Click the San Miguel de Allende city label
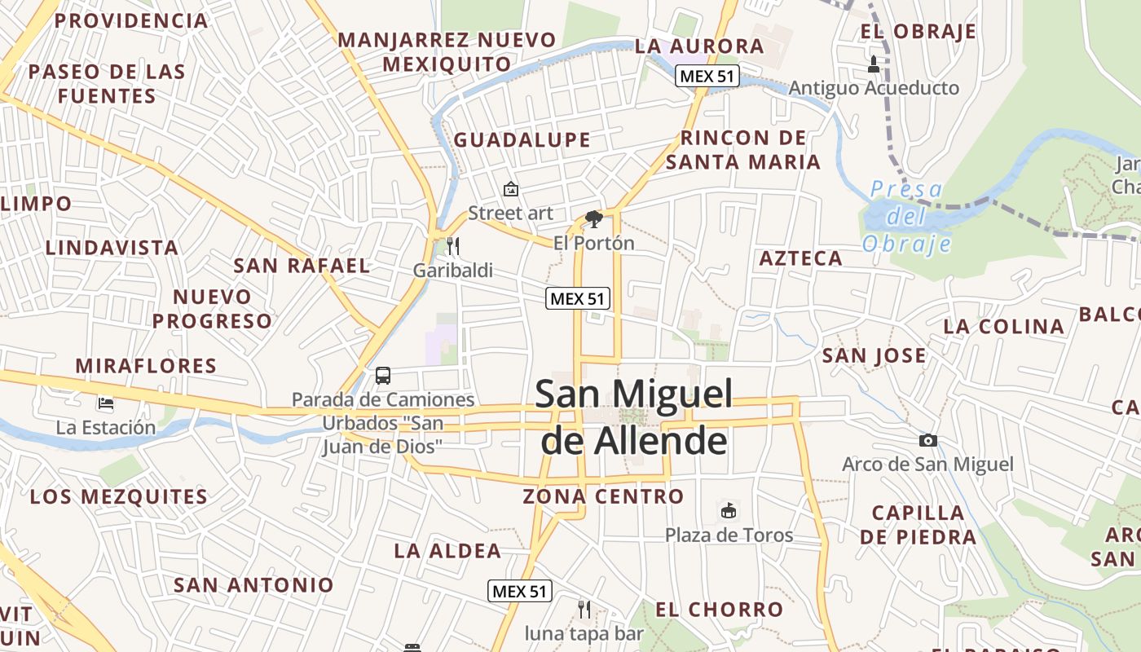pyautogui.click(x=633, y=416)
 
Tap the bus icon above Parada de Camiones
pyautogui.click(x=383, y=376)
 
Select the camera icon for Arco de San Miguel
pyautogui.click(x=927, y=441)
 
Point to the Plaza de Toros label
pyautogui.click(x=729, y=535)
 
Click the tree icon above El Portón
pyautogui.click(x=594, y=218)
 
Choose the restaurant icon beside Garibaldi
pyautogui.click(x=453, y=245)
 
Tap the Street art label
pyautogui.click(x=510, y=214)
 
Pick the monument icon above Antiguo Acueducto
pyautogui.click(x=874, y=64)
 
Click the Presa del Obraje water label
pyautogui.click(x=906, y=217)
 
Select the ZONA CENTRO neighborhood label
pyautogui.click(x=603, y=496)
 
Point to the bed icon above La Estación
pyautogui.click(x=105, y=403)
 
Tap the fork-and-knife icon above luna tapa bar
pyautogui.click(x=584, y=609)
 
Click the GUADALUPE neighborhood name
pyautogui.click(x=522, y=140)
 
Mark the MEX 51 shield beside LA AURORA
pyautogui.click(x=707, y=77)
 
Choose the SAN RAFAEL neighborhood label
pyautogui.click(x=302, y=266)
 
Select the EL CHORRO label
pyautogui.click(x=719, y=610)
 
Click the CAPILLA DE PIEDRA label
pyautogui.click(x=918, y=525)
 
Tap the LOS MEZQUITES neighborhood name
pyautogui.click(x=119, y=496)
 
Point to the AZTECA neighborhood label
pyautogui.click(x=800, y=259)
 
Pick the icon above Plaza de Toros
pyautogui.click(x=729, y=511)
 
